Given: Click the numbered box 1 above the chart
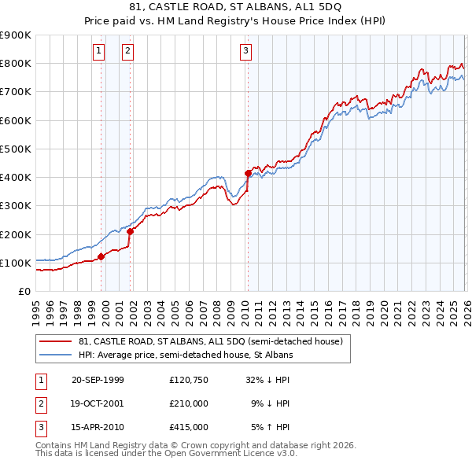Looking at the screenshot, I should coord(99,52).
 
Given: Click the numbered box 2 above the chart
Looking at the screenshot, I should coord(127,52).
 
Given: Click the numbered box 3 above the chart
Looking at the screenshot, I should coord(245,52).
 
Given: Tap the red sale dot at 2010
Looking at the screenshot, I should coord(248,173).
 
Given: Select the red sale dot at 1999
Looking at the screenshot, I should coord(101,256).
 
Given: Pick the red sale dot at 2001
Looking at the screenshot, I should coord(131,231).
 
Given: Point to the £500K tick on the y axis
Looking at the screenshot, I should coord(16,149).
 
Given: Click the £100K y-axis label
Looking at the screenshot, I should coord(16,263).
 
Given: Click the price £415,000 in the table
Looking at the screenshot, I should coord(188,427).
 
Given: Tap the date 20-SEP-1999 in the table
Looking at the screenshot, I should coord(98,379).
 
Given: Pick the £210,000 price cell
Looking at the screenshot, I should coord(188,403).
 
